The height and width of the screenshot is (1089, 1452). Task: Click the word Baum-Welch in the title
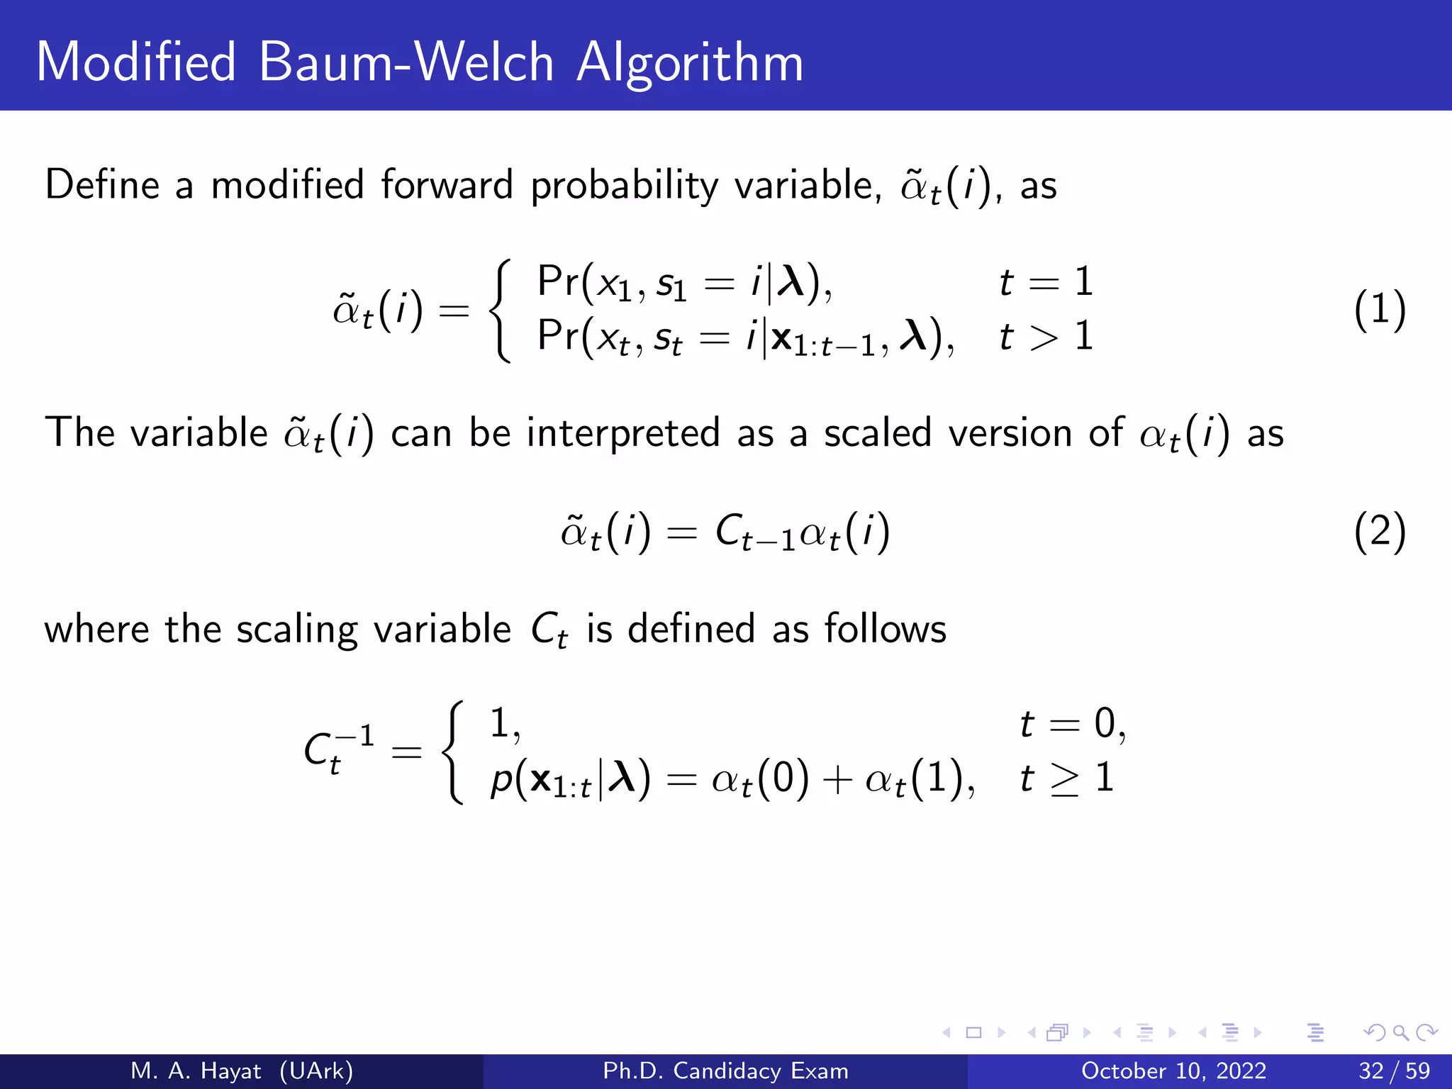(x=406, y=62)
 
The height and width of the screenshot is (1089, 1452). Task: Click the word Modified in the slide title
(x=135, y=62)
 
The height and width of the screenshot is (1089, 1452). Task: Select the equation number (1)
(x=1379, y=310)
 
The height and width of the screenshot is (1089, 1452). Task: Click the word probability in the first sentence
(x=625, y=186)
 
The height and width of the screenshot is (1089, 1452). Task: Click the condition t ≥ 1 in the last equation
(x=1067, y=778)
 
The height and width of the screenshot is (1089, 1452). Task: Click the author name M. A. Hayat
(x=196, y=1071)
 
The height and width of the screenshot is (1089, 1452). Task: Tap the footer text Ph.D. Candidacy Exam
(x=725, y=1071)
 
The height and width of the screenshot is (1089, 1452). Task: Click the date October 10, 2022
(x=1173, y=1071)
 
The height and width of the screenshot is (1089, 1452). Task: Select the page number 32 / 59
(x=1394, y=1071)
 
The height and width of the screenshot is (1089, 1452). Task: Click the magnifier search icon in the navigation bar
(x=1400, y=1032)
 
